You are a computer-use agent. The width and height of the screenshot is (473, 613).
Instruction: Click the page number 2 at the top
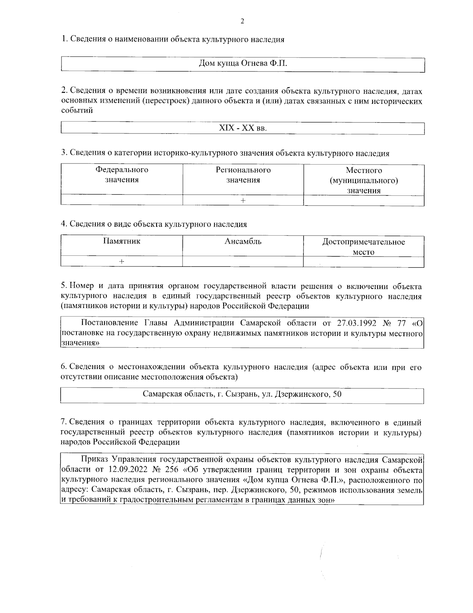[x=242, y=21]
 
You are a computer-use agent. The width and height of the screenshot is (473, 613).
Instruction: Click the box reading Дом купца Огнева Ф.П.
[x=242, y=64]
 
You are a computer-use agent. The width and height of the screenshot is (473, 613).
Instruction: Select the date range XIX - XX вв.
[x=242, y=129]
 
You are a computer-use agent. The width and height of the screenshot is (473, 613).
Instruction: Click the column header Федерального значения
[x=122, y=175]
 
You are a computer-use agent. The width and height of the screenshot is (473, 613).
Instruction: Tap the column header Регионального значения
[x=243, y=175]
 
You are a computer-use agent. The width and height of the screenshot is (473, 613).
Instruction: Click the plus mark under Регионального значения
[x=243, y=201]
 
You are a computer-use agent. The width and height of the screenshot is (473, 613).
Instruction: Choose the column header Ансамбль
[x=243, y=241]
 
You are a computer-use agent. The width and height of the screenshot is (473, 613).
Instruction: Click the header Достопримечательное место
[x=363, y=247]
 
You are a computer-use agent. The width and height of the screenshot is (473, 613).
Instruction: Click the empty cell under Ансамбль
[x=243, y=262]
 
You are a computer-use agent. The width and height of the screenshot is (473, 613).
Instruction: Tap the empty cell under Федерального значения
[x=122, y=201]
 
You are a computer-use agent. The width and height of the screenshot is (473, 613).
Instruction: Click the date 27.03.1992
[x=357, y=323]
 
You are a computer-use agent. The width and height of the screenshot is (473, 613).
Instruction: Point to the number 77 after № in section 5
[x=401, y=323]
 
